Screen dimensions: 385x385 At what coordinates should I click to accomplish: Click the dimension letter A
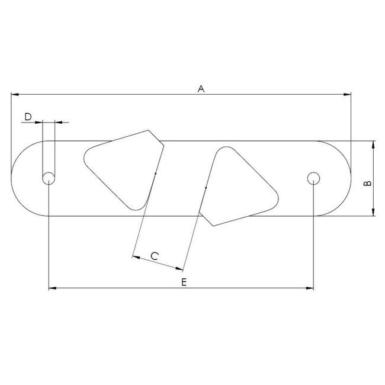(x=201, y=89)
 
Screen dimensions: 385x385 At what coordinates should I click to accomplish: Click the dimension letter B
(x=367, y=184)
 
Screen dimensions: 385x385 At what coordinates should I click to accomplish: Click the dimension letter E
(x=184, y=283)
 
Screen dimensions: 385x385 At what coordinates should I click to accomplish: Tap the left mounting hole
(x=49, y=178)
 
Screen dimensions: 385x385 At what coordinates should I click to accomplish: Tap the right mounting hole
(x=313, y=178)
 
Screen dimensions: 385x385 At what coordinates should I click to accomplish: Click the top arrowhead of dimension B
(x=373, y=143)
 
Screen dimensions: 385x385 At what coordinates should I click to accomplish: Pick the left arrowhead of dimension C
(x=136, y=258)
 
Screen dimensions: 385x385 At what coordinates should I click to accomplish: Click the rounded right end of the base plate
(x=343, y=178)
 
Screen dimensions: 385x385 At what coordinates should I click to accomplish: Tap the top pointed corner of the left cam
(x=148, y=132)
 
